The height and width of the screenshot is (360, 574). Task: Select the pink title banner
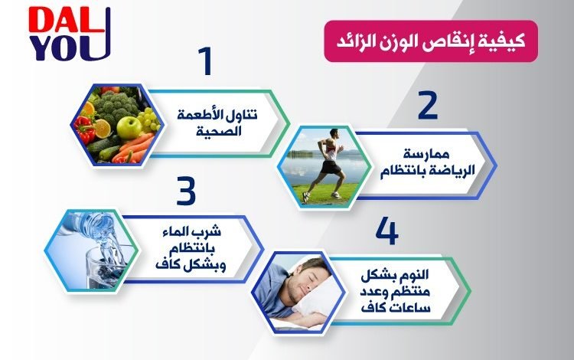pos(431,41)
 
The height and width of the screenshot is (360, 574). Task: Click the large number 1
pos(205,61)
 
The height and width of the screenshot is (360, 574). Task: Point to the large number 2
pos(428,105)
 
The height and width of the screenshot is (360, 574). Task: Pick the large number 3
pos(186,191)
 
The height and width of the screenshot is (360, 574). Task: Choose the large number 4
pos(387,231)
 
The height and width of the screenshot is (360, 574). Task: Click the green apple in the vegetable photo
pos(129,127)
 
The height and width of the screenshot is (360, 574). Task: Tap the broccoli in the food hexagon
pos(114,105)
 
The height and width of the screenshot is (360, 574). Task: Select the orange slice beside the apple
pos(102,128)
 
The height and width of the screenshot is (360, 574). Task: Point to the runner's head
pos(334,133)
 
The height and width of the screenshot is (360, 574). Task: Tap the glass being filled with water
pos(106,267)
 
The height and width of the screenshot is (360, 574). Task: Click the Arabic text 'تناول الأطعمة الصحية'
pos(217,123)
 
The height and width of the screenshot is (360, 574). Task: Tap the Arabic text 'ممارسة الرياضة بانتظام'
pos(427,163)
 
